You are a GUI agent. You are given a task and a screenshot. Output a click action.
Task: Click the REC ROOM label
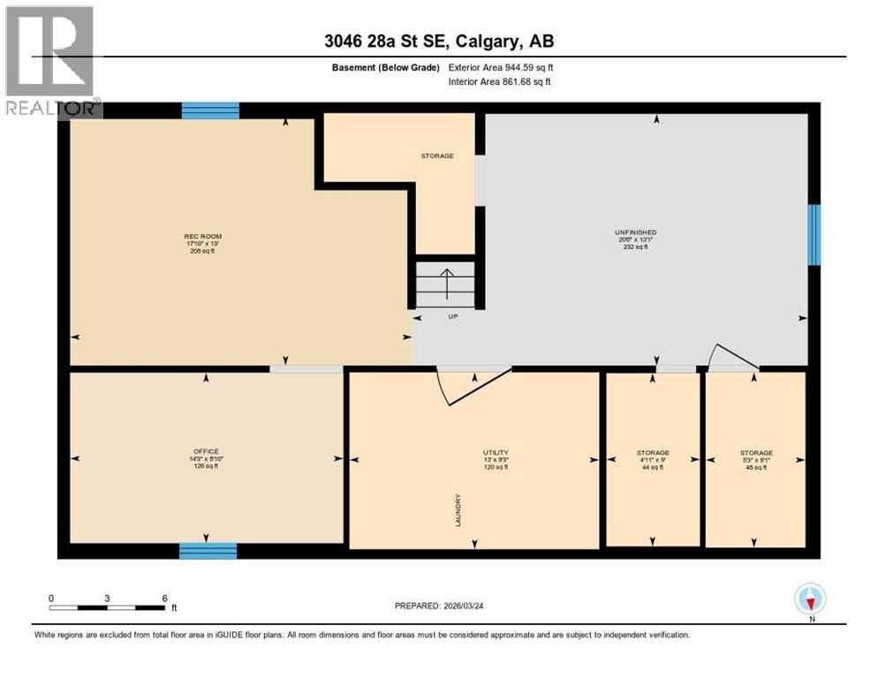coord(202,236)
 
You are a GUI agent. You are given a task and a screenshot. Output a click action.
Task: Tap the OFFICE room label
coord(206,452)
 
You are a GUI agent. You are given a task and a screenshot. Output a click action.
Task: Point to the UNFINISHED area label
coord(636,232)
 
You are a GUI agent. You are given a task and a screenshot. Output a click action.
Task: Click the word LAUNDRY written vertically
coord(458,510)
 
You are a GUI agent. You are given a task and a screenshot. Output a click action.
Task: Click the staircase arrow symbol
coord(448,282)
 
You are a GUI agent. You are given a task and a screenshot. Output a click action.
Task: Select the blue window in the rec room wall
coord(210,111)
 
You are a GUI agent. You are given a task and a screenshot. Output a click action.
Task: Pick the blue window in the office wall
coord(208,551)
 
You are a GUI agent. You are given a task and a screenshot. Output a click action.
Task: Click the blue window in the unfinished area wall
coord(814,234)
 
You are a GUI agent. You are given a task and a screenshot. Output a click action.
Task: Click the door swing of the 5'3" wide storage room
coord(734,358)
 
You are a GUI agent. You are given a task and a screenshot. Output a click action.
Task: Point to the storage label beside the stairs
coord(437,156)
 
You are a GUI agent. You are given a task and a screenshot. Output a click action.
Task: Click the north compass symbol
coord(810,599)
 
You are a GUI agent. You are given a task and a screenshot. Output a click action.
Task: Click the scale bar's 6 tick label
coord(164,598)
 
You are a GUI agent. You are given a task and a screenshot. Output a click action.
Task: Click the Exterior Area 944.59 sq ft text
coord(502,67)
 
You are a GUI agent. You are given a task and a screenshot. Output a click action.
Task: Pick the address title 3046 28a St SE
coord(439,41)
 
